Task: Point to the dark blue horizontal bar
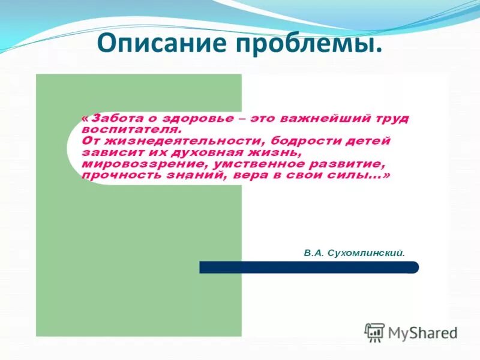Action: tap(309, 268)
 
